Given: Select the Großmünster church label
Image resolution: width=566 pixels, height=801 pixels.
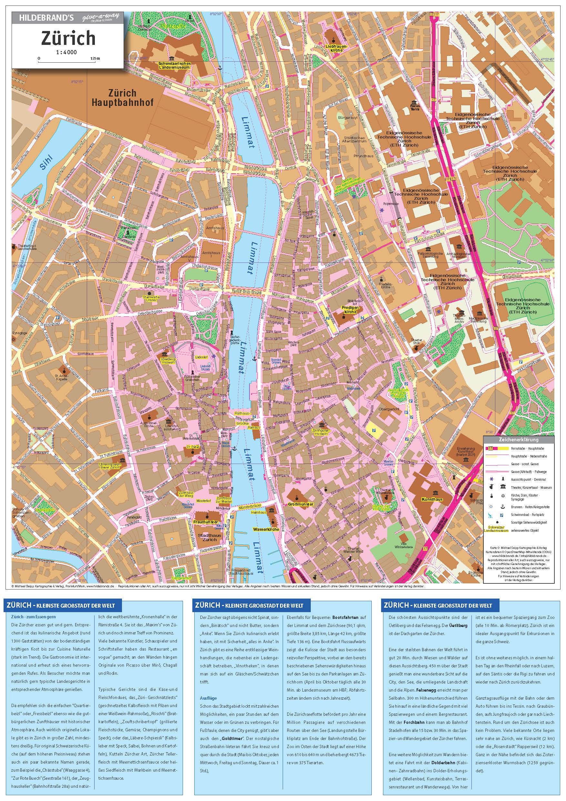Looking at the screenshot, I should tap(301, 504).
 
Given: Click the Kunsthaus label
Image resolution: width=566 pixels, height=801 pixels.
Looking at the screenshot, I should tap(432, 499).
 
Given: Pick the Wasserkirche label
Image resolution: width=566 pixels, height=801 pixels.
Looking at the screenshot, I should tap(266, 529).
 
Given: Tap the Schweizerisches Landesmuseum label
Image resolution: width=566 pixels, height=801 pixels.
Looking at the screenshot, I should tap(174, 66).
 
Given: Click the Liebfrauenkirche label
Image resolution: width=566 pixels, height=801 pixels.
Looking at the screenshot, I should tap(334, 48).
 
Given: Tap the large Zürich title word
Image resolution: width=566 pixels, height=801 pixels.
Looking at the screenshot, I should tap(68, 38).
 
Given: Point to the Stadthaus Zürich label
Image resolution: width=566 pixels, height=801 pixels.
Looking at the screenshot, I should tap(207, 537).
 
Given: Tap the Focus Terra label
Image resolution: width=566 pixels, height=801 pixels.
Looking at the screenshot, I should tap(415, 108).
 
